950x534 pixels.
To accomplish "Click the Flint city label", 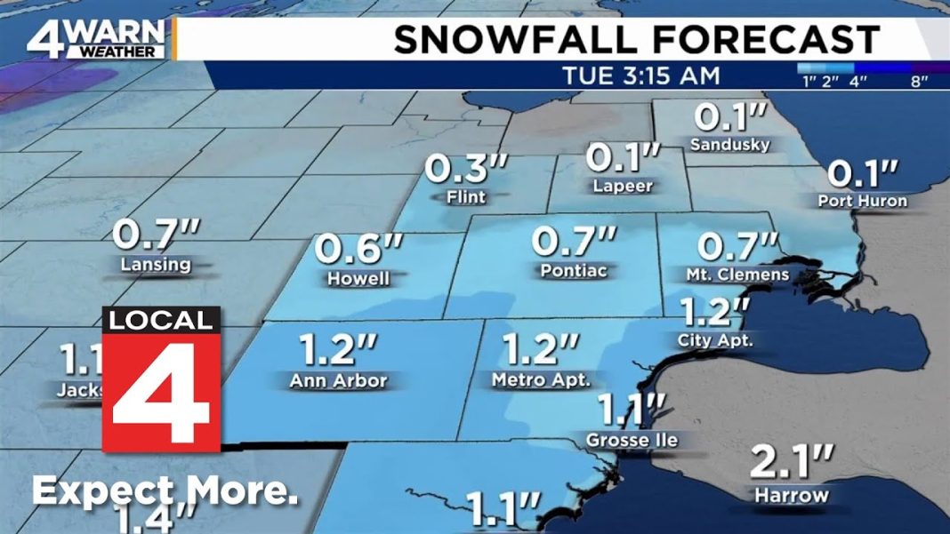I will click(466, 196).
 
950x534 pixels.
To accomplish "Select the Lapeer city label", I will click(623, 186).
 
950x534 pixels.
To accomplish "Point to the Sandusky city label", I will click(729, 144).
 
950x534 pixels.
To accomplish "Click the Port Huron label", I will click(862, 201).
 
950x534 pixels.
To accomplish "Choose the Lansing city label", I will click(157, 264).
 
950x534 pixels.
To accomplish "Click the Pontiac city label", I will click(574, 269).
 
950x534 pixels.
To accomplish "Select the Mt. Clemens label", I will click(737, 274).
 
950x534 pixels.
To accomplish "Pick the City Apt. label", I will click(715, 339).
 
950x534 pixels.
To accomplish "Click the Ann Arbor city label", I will click(338, 381).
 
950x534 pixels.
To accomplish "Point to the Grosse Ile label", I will click(632, 441).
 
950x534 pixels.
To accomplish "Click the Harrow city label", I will click(791, 495).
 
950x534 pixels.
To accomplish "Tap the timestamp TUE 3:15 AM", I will click(640, 76).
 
